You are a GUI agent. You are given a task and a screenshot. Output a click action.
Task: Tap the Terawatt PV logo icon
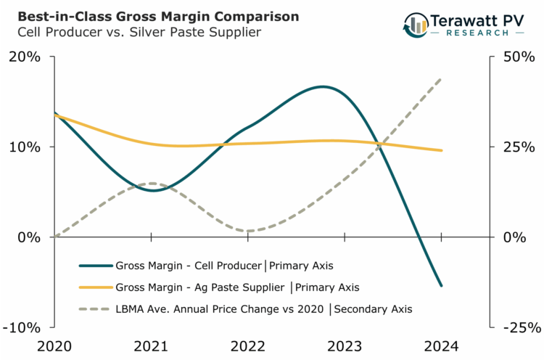point(416,25)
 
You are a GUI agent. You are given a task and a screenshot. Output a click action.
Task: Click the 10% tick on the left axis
point(25,147)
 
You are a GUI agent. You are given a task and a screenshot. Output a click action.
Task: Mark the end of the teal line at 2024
point(441,285)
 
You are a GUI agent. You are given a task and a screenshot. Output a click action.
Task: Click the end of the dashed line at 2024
point(441,78)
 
